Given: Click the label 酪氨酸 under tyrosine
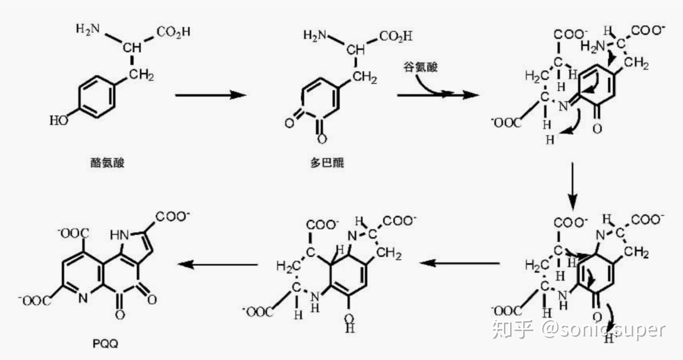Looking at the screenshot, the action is tap(107, 162).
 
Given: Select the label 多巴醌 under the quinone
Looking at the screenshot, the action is tap(327, 162).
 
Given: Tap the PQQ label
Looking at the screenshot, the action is tap(105, 343).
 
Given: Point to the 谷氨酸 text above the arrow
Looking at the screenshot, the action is tap(420, 67).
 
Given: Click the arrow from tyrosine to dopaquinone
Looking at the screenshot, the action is tap(210, 95).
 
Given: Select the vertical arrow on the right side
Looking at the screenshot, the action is tap(573, 186).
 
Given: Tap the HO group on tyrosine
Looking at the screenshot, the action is tap(59, 120).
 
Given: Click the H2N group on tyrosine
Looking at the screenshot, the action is tap(88, 29).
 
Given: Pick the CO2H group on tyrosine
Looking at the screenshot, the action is tap(174, 32).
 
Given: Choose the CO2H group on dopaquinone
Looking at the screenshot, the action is tap(396, 36).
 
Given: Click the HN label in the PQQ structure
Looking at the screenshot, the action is tap(119, 235).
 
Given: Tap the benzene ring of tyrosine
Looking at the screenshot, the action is tap(96, 96).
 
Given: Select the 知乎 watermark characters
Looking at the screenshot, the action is tap(512, 329).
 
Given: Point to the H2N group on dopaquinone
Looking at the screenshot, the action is tap(315, 35).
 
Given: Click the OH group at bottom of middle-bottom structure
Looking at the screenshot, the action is tap(349, 322).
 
